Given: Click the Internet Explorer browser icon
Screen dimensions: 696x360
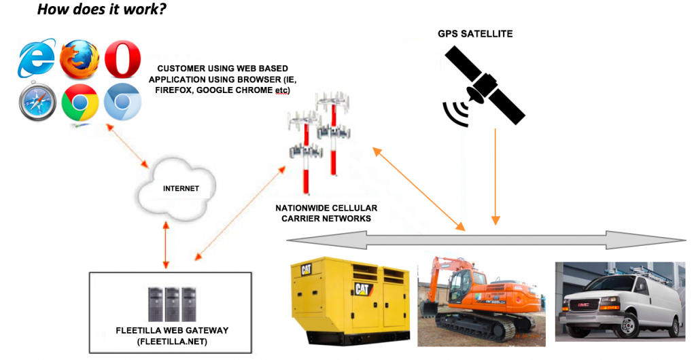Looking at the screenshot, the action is pos(37,59).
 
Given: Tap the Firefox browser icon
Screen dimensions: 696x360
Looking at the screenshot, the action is pos(80,59).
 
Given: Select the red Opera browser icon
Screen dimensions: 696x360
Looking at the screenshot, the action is pos(122,59).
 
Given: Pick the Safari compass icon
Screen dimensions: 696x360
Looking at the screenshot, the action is pos(38,101).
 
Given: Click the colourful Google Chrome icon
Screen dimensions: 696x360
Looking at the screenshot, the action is pos(80,103).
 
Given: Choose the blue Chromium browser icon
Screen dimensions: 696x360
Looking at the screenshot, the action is pos(122,102).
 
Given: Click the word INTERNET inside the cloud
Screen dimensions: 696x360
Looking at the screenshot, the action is pos(181,188).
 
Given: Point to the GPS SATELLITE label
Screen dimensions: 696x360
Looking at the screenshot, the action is pos(475,34).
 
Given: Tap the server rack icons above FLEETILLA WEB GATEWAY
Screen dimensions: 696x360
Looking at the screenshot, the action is pos(172,305).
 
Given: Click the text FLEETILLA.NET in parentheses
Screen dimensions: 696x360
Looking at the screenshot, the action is pos(171,342).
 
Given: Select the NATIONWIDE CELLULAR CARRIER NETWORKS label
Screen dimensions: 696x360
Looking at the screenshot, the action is pos(326,213).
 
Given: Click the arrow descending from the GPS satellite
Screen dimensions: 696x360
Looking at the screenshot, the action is pos(495,177).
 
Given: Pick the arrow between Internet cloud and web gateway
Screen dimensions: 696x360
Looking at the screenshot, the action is pos(166,245).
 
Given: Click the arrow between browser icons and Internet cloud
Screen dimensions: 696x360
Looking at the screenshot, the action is pos(127,146).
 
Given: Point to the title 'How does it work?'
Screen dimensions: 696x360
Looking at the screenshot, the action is pos(102,8).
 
